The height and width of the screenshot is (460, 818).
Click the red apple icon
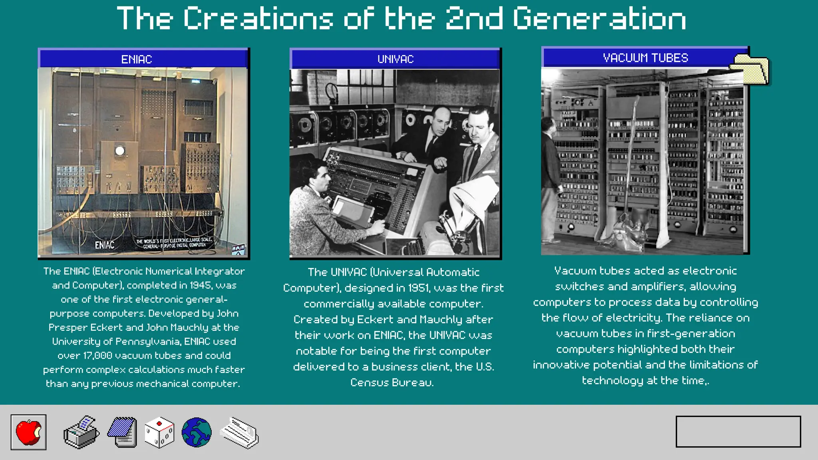28,432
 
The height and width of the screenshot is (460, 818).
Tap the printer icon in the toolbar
81,432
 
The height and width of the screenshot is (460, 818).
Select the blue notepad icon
123,432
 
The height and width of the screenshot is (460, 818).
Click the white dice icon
159,432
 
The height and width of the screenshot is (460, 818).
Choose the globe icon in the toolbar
197,432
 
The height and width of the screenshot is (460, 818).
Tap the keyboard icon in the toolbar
239,432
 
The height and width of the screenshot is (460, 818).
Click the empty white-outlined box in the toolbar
738,432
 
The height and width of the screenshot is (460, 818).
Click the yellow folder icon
751,69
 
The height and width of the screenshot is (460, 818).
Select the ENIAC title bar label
137,59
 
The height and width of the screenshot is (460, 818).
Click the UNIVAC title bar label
395,59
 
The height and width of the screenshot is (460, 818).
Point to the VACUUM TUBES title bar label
645,58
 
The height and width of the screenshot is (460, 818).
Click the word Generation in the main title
599,18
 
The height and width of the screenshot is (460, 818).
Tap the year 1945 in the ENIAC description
201,285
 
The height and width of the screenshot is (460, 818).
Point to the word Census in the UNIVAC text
369,383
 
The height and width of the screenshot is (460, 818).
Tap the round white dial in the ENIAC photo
119,151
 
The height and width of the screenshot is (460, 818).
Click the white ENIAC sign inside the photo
105,245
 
